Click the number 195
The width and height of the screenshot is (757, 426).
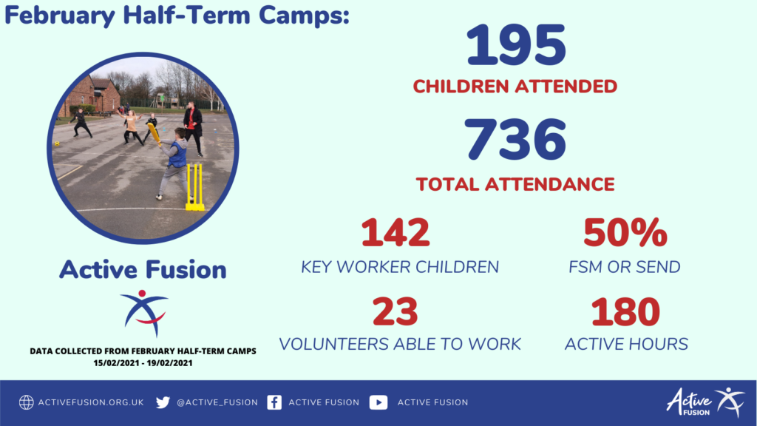pos(516,45)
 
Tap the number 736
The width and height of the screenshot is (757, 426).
pos(515,140)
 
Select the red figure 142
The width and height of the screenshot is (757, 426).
pos(396,232)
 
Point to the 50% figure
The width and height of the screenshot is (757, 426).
pos(625,232)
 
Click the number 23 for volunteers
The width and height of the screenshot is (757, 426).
pos(395,311)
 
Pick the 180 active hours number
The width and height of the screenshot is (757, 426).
pos(625,311)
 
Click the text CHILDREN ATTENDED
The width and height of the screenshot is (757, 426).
pos(515,87)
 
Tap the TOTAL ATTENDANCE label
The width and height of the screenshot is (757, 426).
pos(515,184)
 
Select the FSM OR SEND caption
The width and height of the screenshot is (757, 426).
pos(624,267)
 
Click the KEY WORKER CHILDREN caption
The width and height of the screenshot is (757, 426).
pos(400,267)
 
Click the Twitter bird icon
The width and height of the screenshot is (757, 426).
pos(163,402)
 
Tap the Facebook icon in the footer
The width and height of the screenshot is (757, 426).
pos(274,402)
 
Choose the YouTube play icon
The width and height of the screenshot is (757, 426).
pos(378,402)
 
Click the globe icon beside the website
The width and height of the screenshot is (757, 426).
pos(27,402)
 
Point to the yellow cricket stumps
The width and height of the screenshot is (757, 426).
pos(195,187)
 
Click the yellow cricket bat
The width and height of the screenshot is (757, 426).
pos(154,134)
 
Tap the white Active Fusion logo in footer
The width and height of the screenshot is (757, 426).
pos(706,402)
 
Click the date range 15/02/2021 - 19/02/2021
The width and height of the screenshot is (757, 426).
pos(143,363)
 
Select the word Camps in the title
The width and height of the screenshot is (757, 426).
pos(304,16)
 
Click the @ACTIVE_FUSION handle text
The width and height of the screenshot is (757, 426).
pos(217,402)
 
